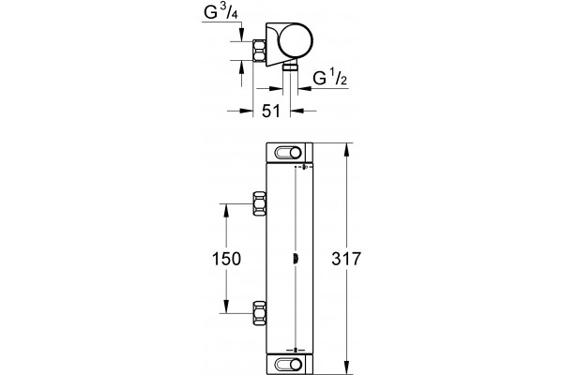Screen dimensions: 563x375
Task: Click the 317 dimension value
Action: pos(345,259)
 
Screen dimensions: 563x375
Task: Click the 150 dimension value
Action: pos(226,259)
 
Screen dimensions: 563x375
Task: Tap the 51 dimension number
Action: pos(271,112)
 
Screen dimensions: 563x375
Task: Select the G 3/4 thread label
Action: pos(221,12)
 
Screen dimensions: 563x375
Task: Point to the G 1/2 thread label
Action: pos(330,78)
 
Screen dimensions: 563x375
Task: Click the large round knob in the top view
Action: pos(296,40)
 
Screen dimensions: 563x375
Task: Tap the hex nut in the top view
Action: pos(260,51)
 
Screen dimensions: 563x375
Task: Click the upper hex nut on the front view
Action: pos(260,203)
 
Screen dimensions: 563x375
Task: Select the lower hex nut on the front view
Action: pos(260,313)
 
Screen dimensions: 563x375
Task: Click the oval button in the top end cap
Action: pos(288,153)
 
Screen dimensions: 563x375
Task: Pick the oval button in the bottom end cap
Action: pos(288,365)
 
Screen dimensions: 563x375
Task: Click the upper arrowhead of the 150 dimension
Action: pos(226,210)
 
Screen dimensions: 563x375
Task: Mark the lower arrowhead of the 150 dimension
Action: pos(226,307)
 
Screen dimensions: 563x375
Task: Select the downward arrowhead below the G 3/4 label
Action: pos(241,35)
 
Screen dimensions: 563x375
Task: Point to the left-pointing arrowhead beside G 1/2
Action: pos(304,88)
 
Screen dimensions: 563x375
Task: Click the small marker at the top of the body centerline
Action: pos(304,167)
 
